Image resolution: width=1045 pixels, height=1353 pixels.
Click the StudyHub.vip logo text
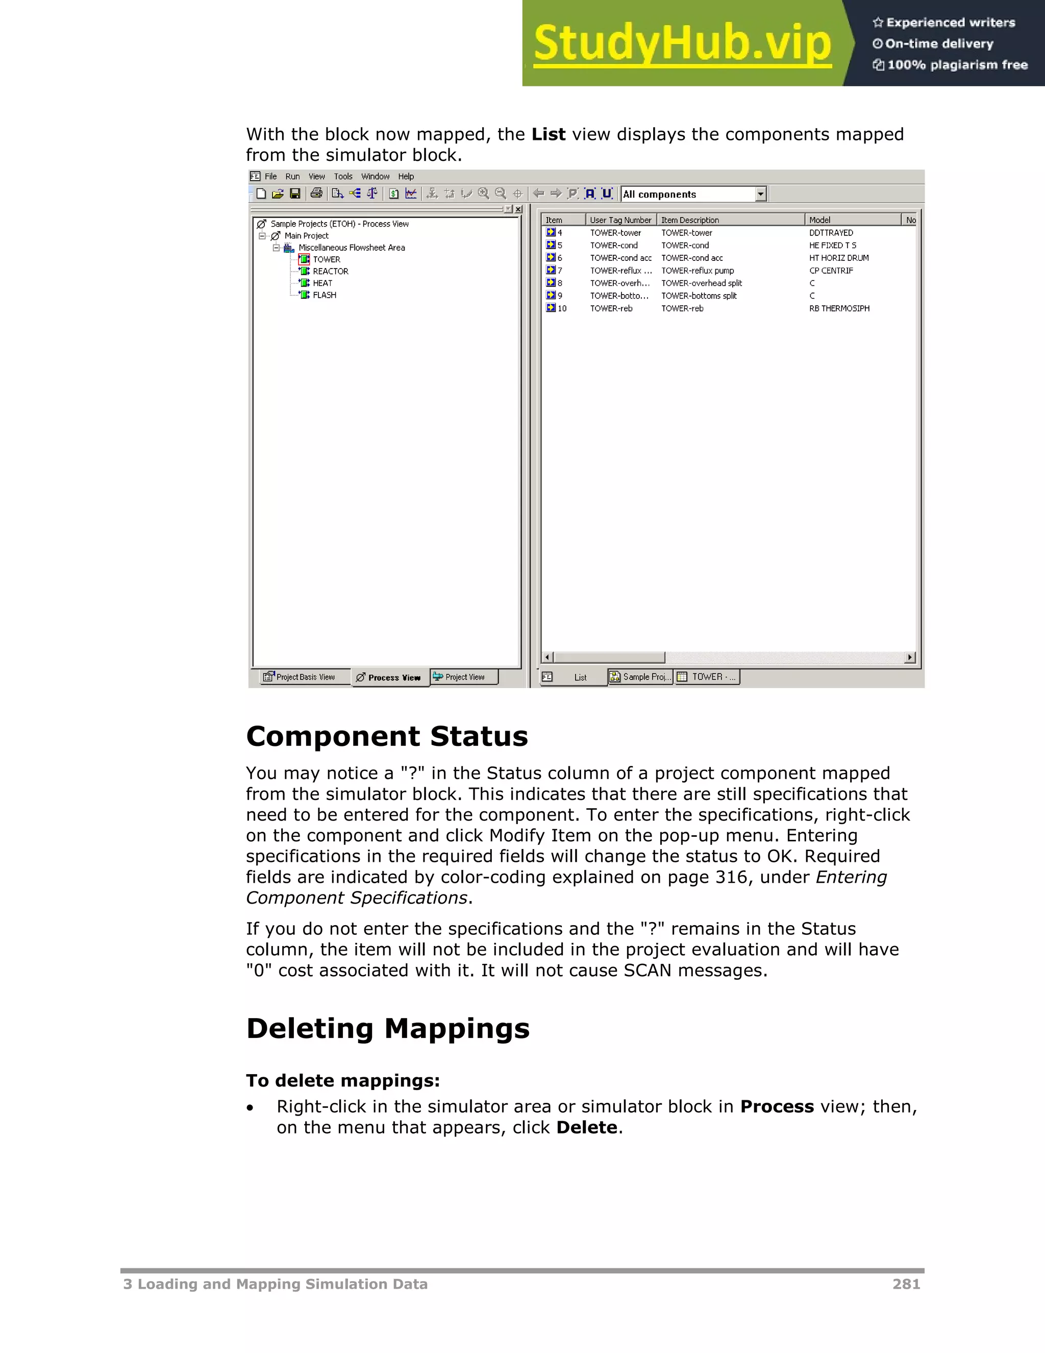(682, 43)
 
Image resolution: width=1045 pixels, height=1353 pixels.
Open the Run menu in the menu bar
(292, 177)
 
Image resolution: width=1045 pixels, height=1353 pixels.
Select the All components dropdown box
(693, 195)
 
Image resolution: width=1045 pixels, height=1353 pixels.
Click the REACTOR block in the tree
(330, 271)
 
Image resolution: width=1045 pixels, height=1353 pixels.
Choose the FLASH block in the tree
(325, 295)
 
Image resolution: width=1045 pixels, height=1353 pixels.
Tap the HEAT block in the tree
(322, 283)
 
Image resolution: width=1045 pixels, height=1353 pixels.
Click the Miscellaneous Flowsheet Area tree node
(351, 248)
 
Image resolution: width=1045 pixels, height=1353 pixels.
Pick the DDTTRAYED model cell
(831, 233)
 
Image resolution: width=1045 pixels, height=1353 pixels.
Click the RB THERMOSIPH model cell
(839, 308)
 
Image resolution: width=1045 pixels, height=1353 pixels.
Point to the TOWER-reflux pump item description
(697, 271)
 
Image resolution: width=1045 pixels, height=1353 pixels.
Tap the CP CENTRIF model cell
(831, 271)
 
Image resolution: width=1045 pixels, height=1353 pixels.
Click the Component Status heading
(387, 737)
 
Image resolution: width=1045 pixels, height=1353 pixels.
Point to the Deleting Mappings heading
(388, 1028)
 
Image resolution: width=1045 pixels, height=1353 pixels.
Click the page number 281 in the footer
(906, 1284)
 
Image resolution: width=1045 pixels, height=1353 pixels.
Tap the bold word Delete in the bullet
(586, 1127)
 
